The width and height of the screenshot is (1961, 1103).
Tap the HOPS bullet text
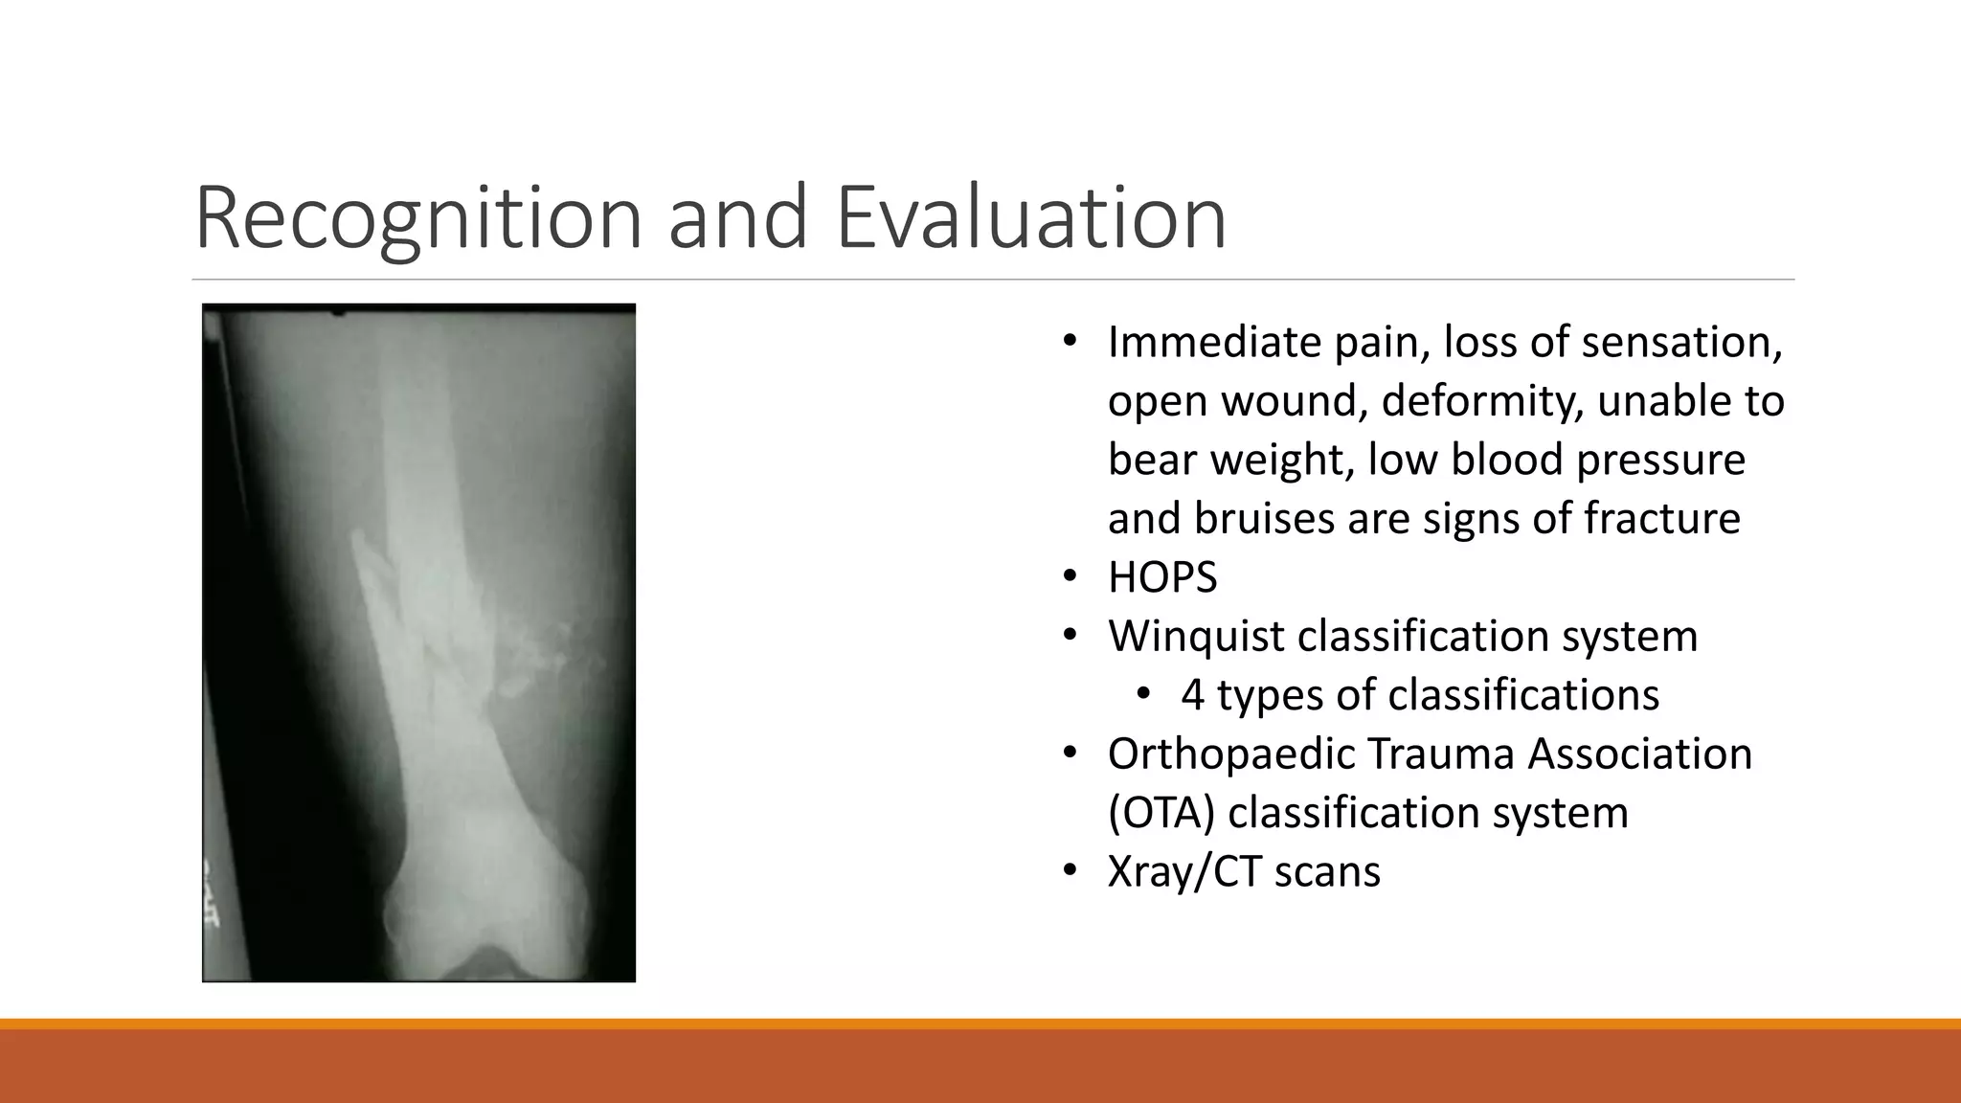[1162, 577]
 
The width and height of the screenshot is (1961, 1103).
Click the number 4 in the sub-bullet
[1192, 695]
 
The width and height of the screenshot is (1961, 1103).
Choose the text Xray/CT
[1183, 872]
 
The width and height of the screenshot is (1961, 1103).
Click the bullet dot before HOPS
[1070, 577]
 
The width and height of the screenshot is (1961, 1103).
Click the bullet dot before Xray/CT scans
[1070, 871]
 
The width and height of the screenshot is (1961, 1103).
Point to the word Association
[1639, 754]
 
